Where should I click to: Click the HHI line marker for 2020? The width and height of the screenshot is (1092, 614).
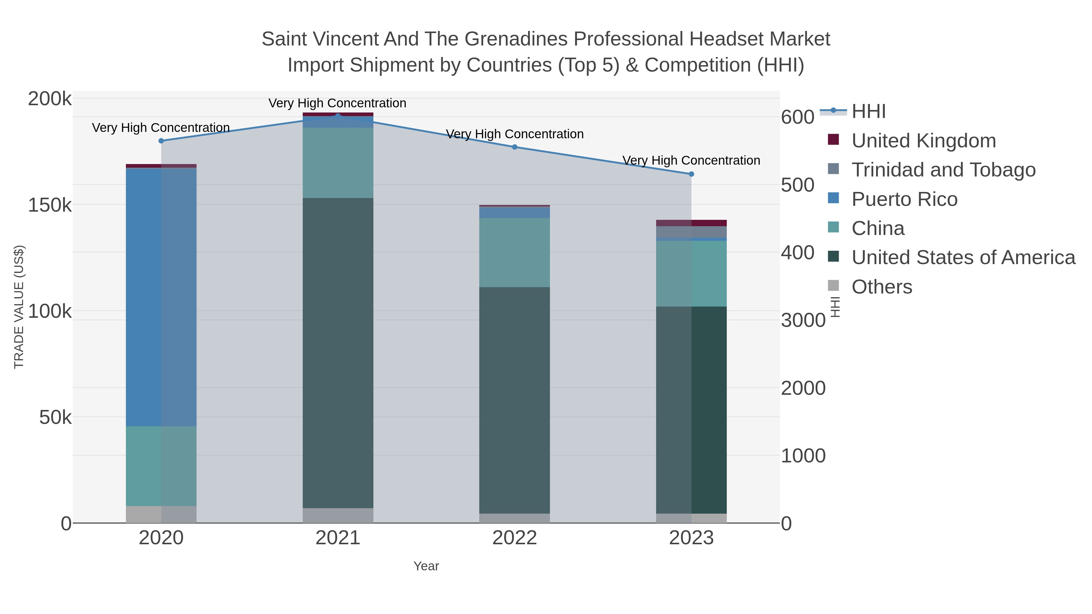(x=161, y=141)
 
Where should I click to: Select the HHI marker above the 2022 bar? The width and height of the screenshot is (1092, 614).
(x=515, y=147)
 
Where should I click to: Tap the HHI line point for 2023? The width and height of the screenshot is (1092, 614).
(x=691, y=174)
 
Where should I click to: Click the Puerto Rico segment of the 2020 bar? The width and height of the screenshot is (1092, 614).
(x=161, y=297)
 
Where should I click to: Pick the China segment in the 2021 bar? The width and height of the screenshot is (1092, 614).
(x=338, y=163)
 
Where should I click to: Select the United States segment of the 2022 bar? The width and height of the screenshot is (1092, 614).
(x=515, y=401)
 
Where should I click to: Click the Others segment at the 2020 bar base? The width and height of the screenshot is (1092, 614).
(x=161, y=515)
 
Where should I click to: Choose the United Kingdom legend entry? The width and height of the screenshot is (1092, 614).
(x=923, y=141)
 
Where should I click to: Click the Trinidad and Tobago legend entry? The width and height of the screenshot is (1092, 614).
(x=943, y=170)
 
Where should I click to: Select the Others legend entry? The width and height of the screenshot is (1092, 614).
(x=882, y=287)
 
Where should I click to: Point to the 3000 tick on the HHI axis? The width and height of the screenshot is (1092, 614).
(x=803, y=321)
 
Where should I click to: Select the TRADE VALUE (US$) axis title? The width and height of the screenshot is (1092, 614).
(x=19, y=307)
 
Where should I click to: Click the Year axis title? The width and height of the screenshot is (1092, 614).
(x=426, y=566)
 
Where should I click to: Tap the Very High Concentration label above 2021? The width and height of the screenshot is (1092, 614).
(x=337, y=103)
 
